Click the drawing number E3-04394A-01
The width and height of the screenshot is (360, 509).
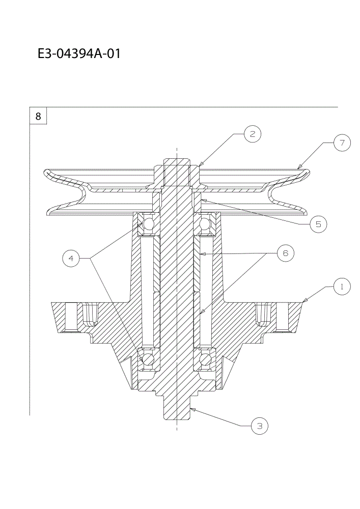click(x=79, y=53)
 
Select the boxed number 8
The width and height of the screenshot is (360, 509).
click(x=38, y=116)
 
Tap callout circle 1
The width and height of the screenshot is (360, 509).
click(x=342, y=287)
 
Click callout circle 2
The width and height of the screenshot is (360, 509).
click(x=252, y=134)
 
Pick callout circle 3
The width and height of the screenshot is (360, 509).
click(x=259, y=426)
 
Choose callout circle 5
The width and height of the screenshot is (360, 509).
click(x=318, y=224)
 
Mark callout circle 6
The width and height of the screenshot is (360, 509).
click(x=285, y=253)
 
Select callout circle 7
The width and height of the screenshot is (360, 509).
click(x=342, y=143)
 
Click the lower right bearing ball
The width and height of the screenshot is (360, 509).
click(x=205, y=359)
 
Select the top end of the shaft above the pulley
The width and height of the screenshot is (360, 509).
click(x=177, y=162)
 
